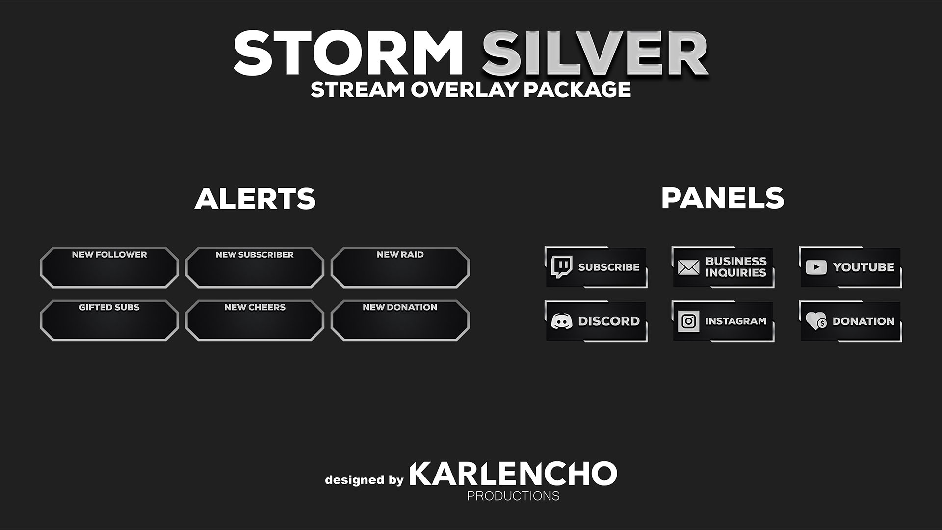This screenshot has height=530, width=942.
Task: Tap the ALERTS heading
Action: pyautogui.click(x=255, y=198)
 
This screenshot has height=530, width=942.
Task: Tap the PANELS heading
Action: pyautogui.click(x=723, y=198)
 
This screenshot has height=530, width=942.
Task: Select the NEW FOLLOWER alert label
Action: pyautogui.click(x=109, y=255)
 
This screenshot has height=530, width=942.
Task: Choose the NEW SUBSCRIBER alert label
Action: pyautogui.click(x=255, y=255)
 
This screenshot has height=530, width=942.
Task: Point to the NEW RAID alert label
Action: pyautogui.click(x=400, y=255)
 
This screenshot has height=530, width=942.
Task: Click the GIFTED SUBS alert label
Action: pyautogui.click(x=109, y=307)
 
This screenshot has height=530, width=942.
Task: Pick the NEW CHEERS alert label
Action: pyautogui.click(x=255, y=307)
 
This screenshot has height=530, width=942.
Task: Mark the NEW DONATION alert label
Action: pyautogui.click(x=400, y=307)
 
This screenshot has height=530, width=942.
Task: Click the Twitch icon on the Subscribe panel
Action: pyautogui.click(x=561, y=267)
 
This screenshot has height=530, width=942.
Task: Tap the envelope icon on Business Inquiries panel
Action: pyautogui.click(x=688, y=267)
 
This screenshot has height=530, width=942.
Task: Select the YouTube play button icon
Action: pyautogui.click(x=816, y=267)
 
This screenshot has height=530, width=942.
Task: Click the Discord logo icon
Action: pyautogui.click(x=561, y=321)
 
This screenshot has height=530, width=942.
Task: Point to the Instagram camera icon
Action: pyautogui.click(x=688, y=321)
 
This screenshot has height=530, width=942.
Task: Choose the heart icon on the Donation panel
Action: pyautogui.click(x=816, y=321)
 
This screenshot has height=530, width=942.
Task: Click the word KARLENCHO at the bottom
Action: pyautogui.click(x=513, y=474)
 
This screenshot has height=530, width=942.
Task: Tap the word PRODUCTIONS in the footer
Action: pyautogui.click(x=513, y=496)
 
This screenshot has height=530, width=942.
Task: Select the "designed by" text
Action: pyautogui.click(x=364, y=479)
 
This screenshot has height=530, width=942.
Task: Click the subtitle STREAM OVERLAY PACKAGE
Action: pyautogui.click(x=471, y=89)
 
